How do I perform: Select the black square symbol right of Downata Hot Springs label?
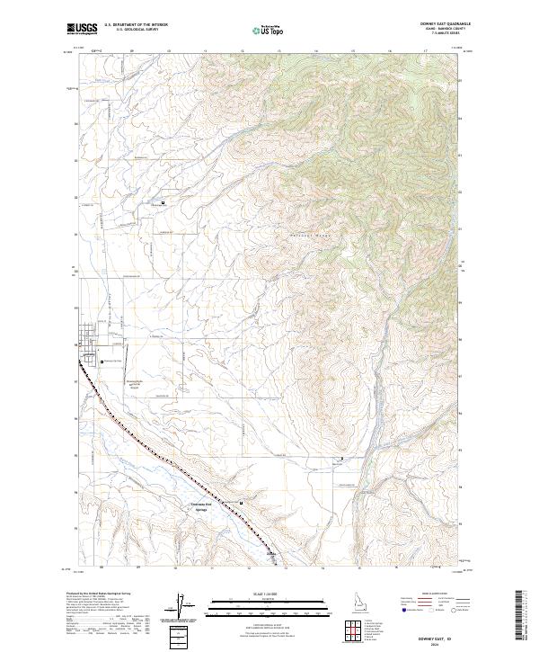[x=241, y=502]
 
